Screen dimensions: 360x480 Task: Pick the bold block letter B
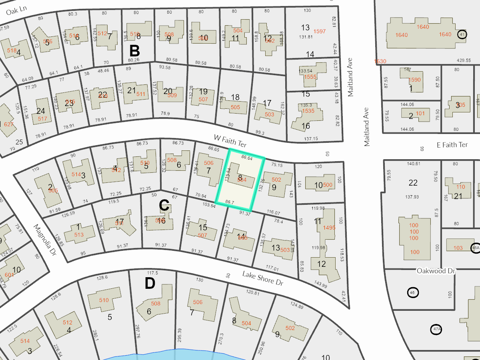pyautogui.click(x=134, y=51)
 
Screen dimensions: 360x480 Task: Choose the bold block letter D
pyautogui.click(x=150, y=284)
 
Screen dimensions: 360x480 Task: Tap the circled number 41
pyautogui.click(x=462, y=35)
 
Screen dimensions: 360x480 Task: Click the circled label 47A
pyautogui.click(x=436, y=330)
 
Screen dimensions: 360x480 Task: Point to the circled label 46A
pyautogui.click(x=475, y=248)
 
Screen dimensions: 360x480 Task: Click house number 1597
pyautogui.click(x=320, y=31)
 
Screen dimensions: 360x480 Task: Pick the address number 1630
pyautogui.click(x=380, y=61)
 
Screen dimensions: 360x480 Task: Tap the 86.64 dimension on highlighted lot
pyautogui.click(x=247, y=158)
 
